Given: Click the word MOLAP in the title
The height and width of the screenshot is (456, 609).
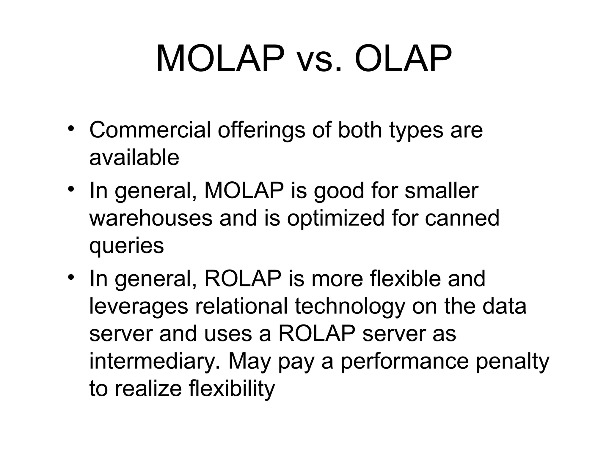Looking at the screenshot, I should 220,58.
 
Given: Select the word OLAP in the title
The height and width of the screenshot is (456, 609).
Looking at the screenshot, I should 403,58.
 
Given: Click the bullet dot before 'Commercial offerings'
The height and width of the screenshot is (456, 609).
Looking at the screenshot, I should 70,128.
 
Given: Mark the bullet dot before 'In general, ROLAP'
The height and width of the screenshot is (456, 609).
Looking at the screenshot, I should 70,277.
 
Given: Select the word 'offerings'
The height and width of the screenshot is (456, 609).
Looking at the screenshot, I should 261,131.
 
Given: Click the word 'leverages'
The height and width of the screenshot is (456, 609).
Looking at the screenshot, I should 139,307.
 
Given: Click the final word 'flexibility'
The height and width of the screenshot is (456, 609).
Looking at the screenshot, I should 232,389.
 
